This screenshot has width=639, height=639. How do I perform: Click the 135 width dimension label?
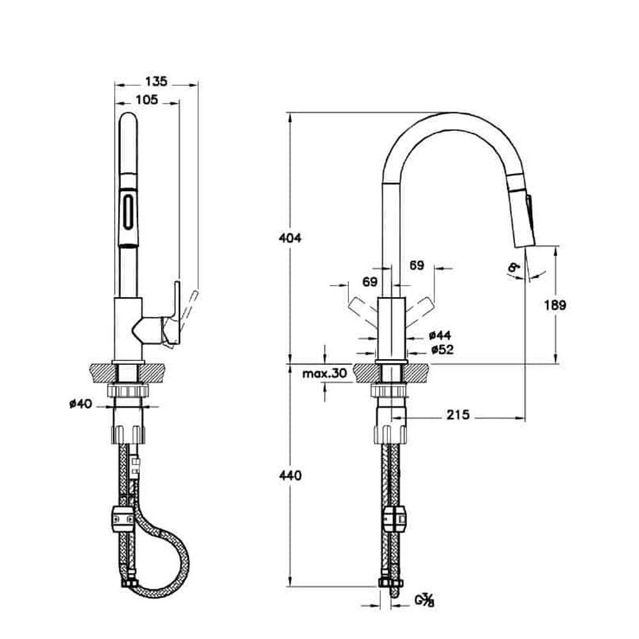(x=157, y=81)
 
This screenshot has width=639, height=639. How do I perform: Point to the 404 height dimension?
(x=290, y=238)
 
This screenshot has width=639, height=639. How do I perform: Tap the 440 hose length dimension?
(x=290, y=475)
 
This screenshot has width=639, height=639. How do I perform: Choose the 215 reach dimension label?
(x=458, y=415)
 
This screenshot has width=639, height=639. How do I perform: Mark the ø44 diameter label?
(x=441, y=335)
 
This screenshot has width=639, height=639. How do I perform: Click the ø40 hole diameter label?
(x=81, y=403)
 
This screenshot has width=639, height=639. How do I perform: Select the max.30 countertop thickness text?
(x=325, y=374)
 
